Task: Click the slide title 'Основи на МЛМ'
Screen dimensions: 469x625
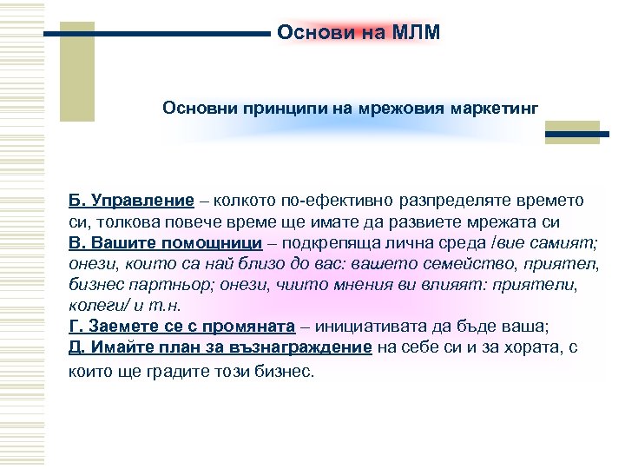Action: (359, 33)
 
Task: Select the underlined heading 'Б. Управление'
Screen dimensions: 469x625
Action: (131, 201)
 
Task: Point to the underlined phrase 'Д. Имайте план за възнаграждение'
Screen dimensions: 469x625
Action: (220, 347)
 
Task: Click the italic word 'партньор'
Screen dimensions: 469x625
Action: (163, 285)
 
